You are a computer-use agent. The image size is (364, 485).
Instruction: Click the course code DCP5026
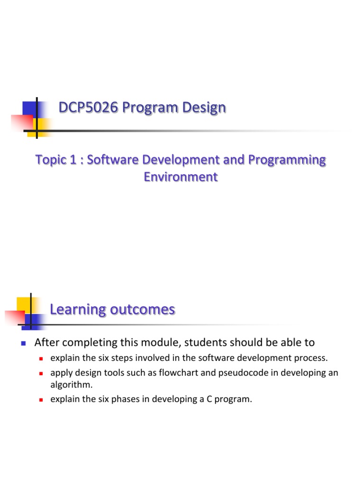click(x=88, y=108)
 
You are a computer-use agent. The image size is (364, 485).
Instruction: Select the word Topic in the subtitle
click(x=49, y=160)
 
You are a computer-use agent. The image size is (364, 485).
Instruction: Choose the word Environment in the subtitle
click(x=181, y=177)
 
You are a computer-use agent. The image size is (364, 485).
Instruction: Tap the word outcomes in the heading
click(x=143, y=310)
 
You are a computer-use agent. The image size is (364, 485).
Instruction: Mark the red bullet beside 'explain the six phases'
click(x=41, y=400)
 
